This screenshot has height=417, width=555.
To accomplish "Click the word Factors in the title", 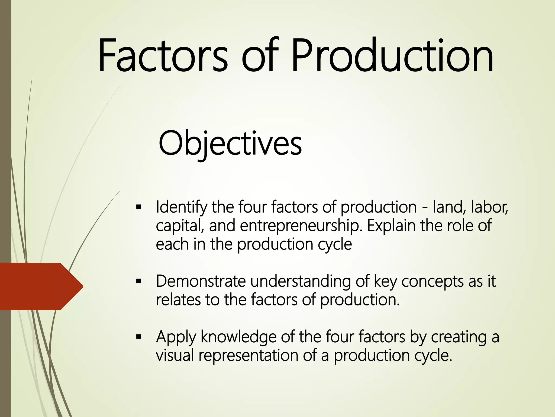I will (x=163, y=56).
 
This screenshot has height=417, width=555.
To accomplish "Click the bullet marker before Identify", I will (x=139, y=208).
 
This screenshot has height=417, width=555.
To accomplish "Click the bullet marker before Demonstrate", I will (x=139, y=281).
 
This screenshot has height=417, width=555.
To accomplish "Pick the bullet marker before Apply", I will (x=139, y=337).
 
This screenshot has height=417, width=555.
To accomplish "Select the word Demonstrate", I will (x=201, y=281).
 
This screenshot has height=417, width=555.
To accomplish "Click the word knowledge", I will (x=238, y=337).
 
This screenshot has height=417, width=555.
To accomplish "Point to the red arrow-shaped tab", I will (x=41, y=286).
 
